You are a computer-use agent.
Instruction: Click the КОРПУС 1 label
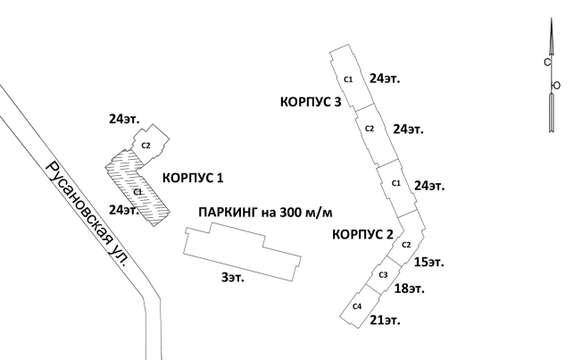coord(193,178)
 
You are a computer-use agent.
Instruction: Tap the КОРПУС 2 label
coord(362,235)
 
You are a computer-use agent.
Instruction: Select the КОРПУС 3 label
coord(312,102)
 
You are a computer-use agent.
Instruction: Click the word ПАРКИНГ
coord(228,213)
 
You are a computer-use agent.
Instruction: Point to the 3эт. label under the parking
coord(232,278)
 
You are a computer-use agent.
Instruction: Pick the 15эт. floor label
coord(429,263)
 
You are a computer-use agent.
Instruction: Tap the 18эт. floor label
coord(409,289)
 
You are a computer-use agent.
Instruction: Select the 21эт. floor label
coord(384,319)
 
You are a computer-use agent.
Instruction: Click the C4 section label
coord(357,306)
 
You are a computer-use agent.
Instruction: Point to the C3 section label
coord(383,274)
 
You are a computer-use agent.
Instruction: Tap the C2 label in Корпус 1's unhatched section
coord(145,146)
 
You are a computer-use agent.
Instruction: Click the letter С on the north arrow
coord(546,63)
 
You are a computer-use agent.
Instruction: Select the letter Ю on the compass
coord(556,85)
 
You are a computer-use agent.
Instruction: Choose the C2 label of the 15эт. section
coord(405,245)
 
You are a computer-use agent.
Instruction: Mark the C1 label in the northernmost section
coord(348,80)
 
